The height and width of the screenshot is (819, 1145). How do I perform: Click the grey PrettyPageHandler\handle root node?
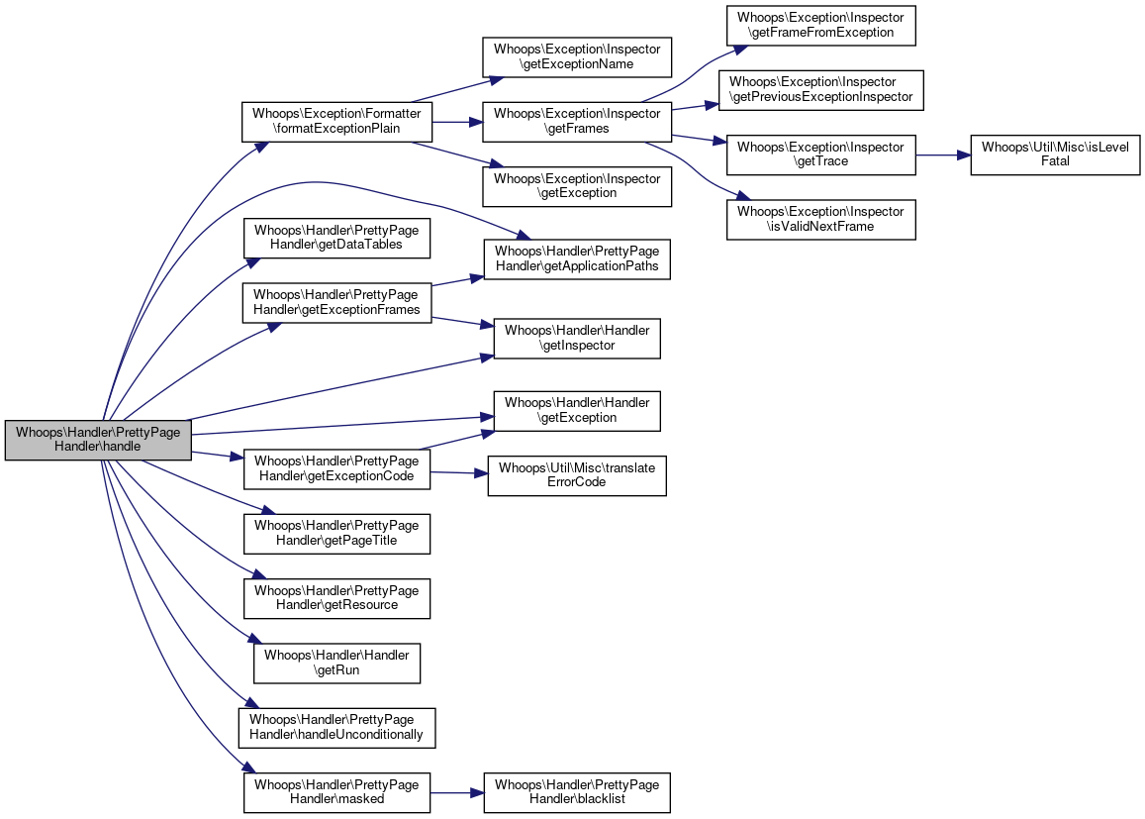pos(98,440)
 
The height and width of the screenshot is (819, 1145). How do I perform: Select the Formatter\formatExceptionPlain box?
pos(336,121)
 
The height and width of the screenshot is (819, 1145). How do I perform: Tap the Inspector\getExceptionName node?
pos(577,57)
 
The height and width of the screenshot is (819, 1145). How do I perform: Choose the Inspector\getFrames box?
pos(577,121)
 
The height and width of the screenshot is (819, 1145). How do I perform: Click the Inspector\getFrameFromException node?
pos(820,25)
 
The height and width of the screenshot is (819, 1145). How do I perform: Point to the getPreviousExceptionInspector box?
pos(820,90)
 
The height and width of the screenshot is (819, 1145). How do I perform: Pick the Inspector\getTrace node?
pos(820,154)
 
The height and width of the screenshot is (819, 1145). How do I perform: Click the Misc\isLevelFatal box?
pos(1055,154)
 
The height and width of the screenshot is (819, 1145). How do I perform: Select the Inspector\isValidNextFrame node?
pos(820,219)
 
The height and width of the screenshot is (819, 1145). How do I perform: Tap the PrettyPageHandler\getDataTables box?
pos(336,238)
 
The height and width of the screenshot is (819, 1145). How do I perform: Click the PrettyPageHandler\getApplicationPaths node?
pos(577,258)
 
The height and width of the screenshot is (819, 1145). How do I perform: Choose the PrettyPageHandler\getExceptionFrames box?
pos(336,302)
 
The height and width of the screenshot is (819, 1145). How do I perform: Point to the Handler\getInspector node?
pos(577,339)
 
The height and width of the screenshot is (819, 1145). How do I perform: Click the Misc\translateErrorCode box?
pos(577,475)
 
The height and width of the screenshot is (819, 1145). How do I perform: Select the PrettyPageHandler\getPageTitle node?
pos(336,534)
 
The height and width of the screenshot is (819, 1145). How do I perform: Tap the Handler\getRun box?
pos(336,663)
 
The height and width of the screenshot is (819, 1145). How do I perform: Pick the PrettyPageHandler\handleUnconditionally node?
pos(336,728)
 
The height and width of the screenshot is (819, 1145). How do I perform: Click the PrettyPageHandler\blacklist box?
pos(577,792)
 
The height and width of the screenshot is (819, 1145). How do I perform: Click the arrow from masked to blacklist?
pos(457,792)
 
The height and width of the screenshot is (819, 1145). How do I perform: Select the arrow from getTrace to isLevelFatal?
pos(943,154)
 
